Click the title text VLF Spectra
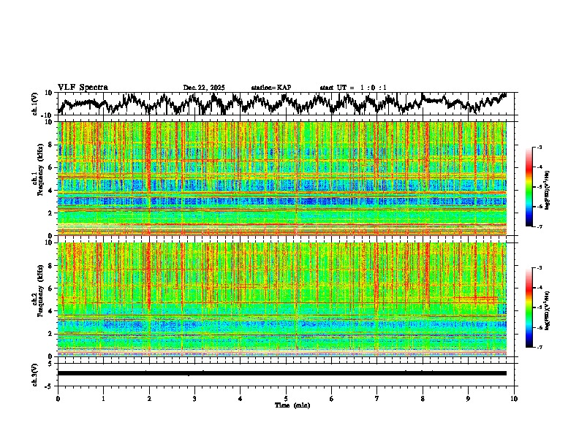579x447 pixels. [83, 87]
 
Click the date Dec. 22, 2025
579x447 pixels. [204, 88]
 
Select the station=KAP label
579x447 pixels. [271, 88]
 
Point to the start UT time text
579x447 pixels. [353, 88]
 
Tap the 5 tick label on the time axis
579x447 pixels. [286, 398]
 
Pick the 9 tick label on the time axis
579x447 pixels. [469, 398]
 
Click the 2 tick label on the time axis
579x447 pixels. [149, 398]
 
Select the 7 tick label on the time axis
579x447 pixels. [377, 398]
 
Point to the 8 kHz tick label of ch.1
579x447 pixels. [50, 145]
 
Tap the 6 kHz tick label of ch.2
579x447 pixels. [50, 289]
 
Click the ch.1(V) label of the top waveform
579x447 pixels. [35, 104]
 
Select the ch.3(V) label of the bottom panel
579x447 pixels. [35, 373]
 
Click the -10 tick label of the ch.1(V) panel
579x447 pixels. [46, 115]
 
